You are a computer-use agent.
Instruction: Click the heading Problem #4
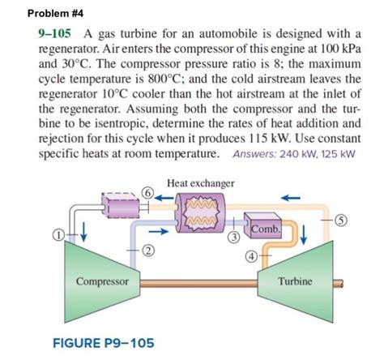tap(55, 13)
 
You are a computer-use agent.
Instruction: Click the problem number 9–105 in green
tap(55, 34)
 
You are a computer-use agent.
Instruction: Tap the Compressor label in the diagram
tap(102, 281)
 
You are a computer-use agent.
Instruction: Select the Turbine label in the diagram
tap(295, 281)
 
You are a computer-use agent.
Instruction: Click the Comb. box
tap(263, 225)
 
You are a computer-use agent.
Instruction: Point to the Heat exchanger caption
tap(201, 183)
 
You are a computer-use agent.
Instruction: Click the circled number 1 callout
tap(58, 234)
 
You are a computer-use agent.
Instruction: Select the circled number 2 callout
tap(147, 251)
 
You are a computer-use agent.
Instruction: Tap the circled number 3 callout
tap(234, 238)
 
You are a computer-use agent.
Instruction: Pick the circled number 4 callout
tap(251, 256)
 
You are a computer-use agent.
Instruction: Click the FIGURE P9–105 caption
tap(104, 343)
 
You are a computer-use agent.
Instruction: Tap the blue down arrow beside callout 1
tap(84, 231)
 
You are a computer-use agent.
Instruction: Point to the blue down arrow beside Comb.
tap(304, 234)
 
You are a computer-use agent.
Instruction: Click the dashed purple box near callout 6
tap(121, 205)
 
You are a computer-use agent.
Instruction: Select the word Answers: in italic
tap(254, 154)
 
